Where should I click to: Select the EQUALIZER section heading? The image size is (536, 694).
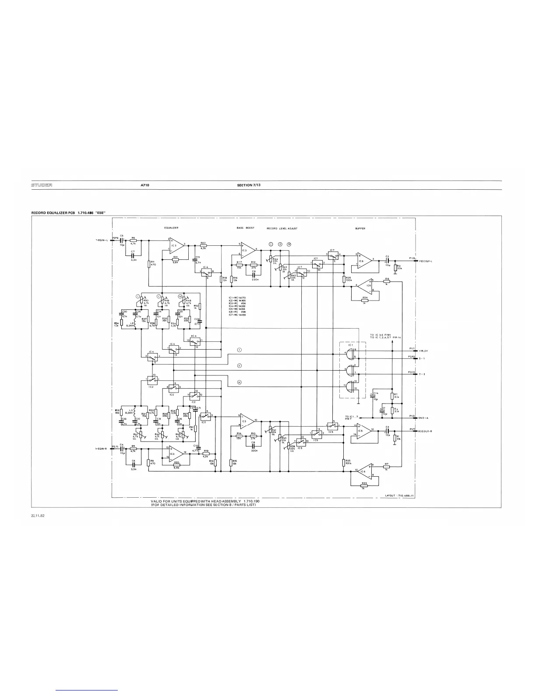click(171, 228)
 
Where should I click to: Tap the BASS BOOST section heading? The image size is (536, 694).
click(245, 228)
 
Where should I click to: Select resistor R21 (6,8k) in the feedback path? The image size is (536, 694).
click(175, 259)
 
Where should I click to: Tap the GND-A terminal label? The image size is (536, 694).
click(423, 418)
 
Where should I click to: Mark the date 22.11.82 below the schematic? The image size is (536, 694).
click(38, 515)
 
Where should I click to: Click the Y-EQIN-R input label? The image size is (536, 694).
click(102, 449)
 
